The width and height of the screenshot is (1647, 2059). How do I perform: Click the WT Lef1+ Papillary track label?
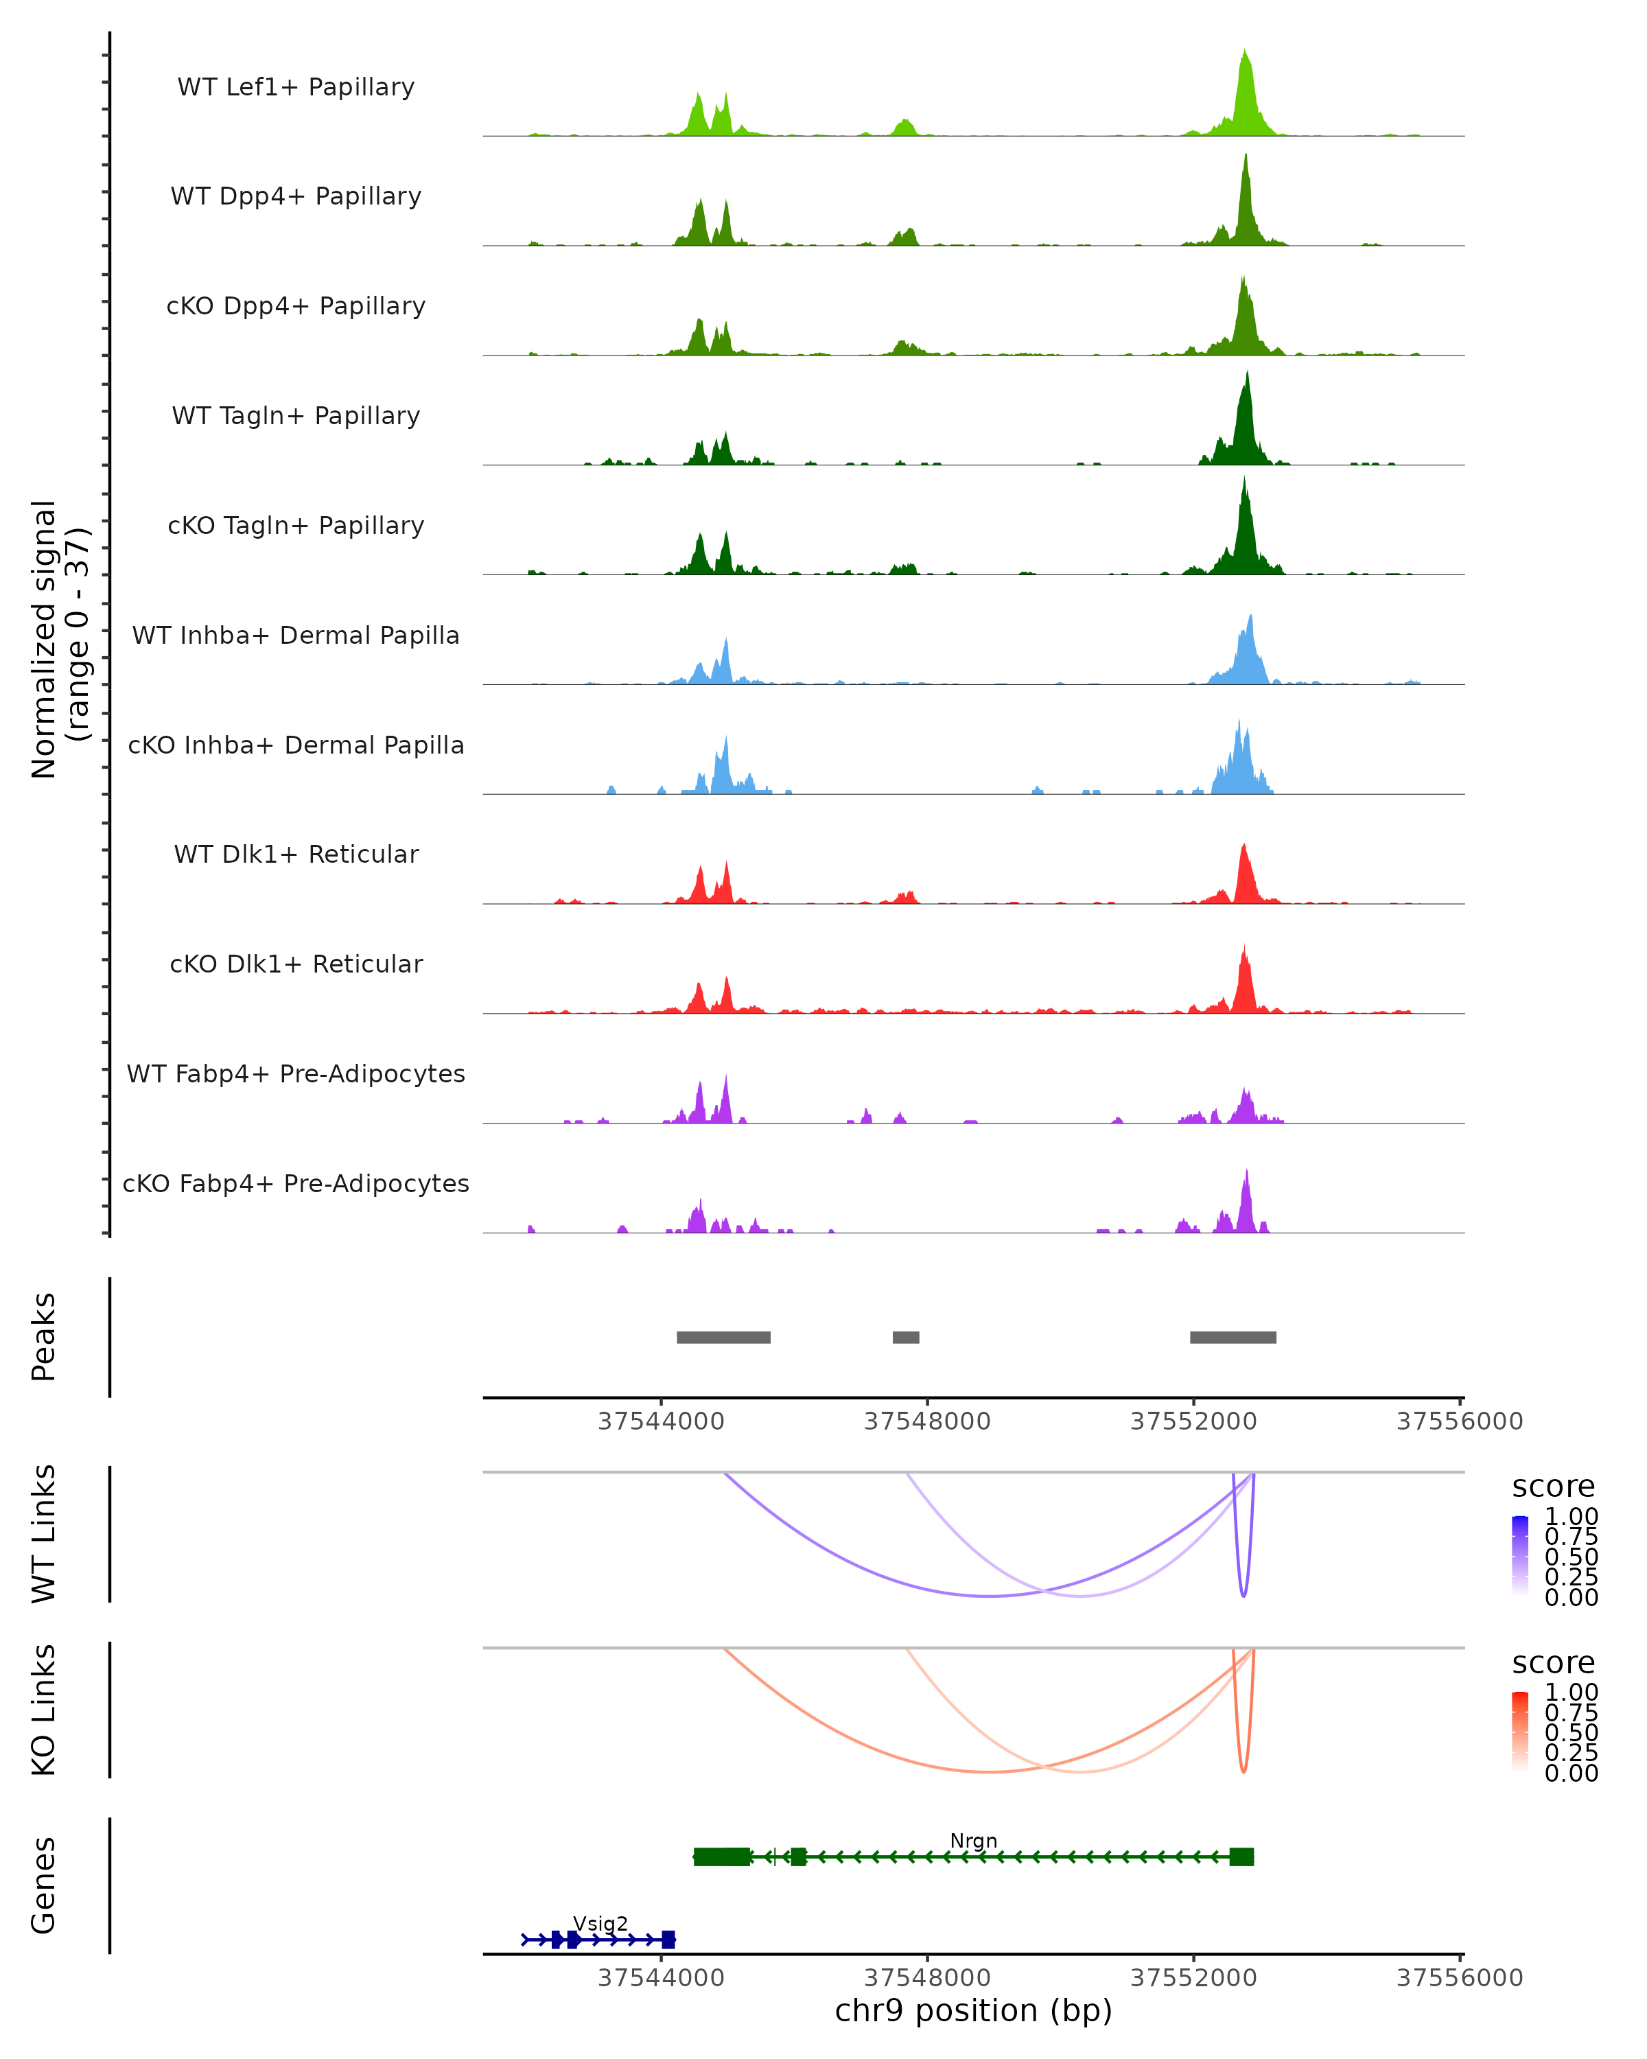[296, 87]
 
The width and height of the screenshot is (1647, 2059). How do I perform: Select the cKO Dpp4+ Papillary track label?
[296, 307]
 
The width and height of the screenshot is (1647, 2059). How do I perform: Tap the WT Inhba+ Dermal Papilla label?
[296, 636]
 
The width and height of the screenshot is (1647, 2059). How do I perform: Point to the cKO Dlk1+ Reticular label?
[296, 964]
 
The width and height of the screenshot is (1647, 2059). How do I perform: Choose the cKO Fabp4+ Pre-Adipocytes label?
[296, 1184]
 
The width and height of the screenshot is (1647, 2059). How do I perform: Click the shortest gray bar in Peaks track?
[906, 1337]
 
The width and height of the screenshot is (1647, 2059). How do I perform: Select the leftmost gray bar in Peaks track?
[724, 1337]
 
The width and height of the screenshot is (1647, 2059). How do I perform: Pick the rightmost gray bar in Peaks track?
[1233, 1337]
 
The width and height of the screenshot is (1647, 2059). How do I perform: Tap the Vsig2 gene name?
[600, 1923]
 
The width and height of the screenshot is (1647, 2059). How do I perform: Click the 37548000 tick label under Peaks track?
[927, 1421]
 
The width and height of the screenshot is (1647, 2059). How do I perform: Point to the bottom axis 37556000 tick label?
[1459, 1978]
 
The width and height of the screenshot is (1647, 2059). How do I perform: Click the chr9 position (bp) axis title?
[973, 2010]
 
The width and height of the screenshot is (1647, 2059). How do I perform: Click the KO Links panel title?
[44, 1710]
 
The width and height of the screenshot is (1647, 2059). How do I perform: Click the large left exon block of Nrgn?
[722, 1857]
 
